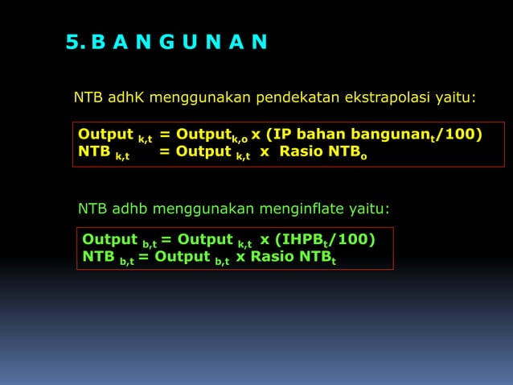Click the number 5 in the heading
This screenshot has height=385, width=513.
point(73,42)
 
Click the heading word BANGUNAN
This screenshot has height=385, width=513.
point(180,42)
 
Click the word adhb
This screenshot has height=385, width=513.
point(129,209)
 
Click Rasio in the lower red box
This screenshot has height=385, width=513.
point(273,257)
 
